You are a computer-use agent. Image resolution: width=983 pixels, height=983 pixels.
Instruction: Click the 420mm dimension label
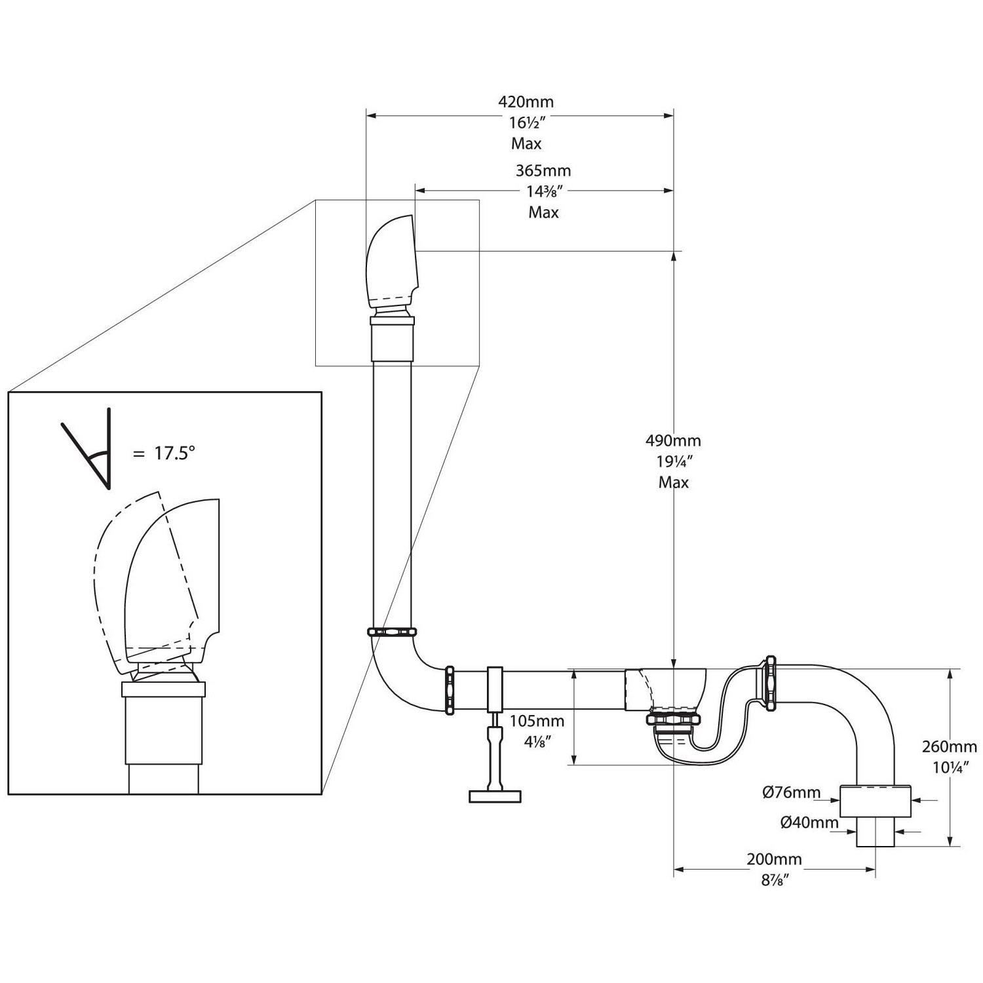coord(526,102)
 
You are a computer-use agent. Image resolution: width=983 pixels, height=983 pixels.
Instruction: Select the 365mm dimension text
coord(543,170)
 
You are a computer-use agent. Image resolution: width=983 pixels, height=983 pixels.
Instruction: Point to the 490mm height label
coord(674,440)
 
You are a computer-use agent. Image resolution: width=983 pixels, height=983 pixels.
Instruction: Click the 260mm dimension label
coord(949,746)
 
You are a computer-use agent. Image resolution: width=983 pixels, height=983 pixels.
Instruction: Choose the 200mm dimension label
coord(774,859)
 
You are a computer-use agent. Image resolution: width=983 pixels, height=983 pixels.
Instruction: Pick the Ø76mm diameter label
coord(791,793)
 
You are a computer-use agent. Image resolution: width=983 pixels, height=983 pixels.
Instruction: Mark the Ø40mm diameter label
coord(809,823)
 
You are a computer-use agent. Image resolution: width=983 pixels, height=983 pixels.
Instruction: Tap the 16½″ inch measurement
coord(526,123)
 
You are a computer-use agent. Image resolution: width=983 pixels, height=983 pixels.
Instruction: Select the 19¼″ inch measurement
coord(674,461)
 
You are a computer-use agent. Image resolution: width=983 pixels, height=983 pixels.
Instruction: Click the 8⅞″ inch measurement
coord(774,880)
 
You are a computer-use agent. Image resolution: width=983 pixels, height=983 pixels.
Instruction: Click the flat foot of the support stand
coord(495,796)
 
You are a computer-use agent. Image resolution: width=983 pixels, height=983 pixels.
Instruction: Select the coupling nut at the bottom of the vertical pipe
coord(393,632)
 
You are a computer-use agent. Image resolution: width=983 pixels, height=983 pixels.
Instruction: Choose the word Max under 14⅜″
coord(544,212)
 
